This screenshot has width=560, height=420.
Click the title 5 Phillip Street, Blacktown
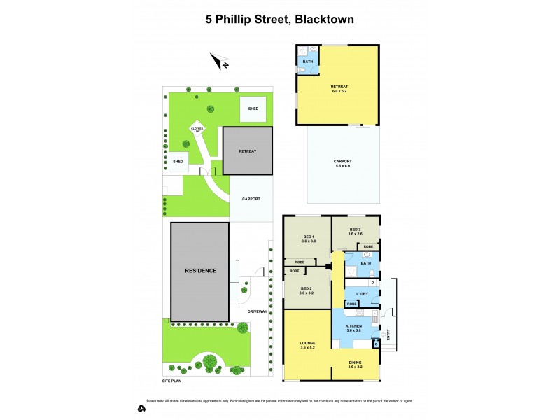pos(279,20)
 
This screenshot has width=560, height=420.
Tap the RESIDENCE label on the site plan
pos(200,270)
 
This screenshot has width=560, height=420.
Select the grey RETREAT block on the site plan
pos(247,150)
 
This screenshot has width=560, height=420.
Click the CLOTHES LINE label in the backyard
pos(197,129)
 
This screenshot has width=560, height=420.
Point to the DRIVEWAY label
pos(257,311)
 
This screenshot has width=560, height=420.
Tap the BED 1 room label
pos(309,238)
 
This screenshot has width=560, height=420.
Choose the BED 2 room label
pos(307,290)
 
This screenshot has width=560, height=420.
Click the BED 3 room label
pos(356,231)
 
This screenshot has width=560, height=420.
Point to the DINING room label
pos(355,364)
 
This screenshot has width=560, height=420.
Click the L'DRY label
pos(362,293)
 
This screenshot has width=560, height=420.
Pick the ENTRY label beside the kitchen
pos(388,339)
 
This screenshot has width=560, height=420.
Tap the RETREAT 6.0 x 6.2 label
pos(339,88)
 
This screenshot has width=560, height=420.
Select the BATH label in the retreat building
pos(307,62)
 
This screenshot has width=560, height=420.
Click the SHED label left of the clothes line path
pos(178,162)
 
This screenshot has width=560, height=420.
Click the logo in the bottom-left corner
pos(141,408)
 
